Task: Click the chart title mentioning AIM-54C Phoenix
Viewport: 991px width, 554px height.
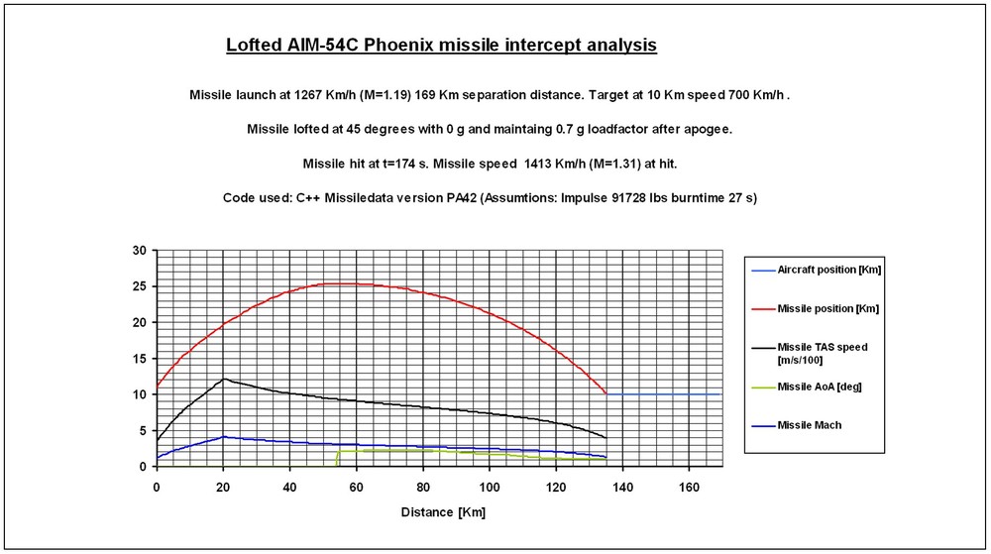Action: tap(441, 46)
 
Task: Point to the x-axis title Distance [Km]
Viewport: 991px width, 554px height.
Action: tap(443, 512)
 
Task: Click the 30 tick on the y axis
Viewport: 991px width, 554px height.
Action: tap(140, 250)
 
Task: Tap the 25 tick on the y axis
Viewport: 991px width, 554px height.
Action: tap(140, 286)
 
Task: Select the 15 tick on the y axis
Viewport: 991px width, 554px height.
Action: tap(140, 359)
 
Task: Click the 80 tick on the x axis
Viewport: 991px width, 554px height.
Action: tap(423, 488)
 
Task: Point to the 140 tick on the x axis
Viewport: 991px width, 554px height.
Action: tap(623, 488)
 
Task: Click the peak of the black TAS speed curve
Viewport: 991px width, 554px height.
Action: tap(224, 379)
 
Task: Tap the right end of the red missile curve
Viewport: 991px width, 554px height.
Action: tap(606, 393)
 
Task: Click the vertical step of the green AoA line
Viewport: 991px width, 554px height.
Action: tap(338, 457)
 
